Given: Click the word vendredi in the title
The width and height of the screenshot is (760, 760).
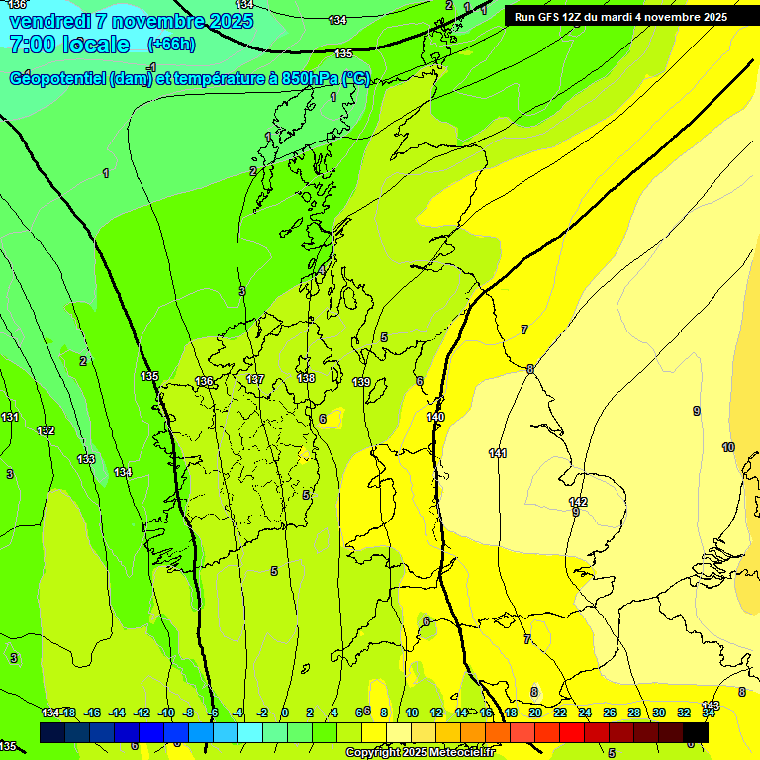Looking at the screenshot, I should [x=49, y=21].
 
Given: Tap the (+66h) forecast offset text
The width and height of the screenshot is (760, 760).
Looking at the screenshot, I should [x=171, y=45].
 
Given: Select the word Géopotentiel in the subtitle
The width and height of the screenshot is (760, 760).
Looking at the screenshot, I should [x=57, y=79].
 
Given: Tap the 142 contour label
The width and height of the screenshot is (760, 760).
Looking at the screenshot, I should [x=578, y=502].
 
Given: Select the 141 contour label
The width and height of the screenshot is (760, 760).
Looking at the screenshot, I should [x=498, y=453].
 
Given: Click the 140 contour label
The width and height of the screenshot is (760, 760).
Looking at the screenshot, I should [x=435, y=417].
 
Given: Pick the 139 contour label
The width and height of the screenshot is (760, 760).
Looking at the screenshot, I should [x=361, y=382].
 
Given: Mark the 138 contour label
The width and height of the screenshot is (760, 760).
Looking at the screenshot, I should [x=306, y=378].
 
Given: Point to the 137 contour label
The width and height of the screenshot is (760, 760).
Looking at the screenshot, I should [x=255, y=379].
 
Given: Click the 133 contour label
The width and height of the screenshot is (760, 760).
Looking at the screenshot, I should [x=86, y=459].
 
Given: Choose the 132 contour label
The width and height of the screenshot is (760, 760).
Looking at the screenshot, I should [x=46, y=430].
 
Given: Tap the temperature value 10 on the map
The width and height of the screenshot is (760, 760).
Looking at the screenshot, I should [x=728, y=447].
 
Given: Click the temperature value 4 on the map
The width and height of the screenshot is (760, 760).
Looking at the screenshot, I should [x=322, y=270].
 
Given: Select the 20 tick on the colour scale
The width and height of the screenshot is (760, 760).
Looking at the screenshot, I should [x=535, y=712].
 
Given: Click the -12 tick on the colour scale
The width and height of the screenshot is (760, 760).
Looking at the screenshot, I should [x=141, y=712].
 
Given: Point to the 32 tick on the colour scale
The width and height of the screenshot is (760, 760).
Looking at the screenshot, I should [x=684, y=712].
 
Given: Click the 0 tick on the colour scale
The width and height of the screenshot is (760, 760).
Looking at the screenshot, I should [x=285, y=712].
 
